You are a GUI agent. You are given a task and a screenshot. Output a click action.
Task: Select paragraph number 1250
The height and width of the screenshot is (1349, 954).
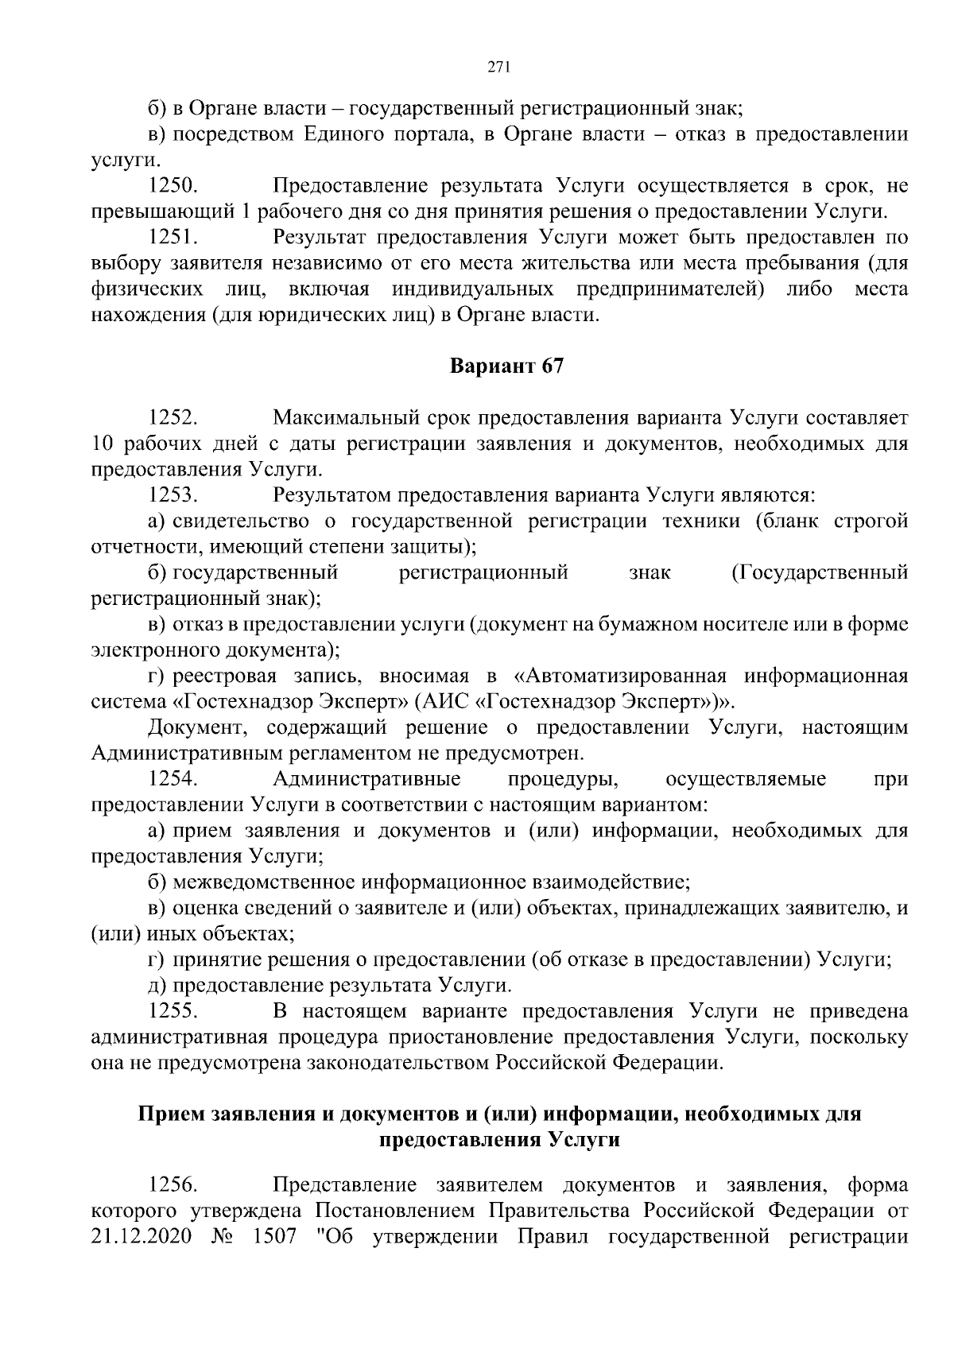pyautogui.click(x=173, y=187)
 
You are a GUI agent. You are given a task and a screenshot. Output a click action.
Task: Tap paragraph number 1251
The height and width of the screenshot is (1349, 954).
pyautogui.click(x=173, y=238)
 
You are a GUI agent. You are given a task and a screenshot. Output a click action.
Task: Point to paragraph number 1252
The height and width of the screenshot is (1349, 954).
pyautogui.click(x=173, y=417)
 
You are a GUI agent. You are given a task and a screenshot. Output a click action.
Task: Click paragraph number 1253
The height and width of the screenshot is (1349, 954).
pyautogui.click(x=173, y=495)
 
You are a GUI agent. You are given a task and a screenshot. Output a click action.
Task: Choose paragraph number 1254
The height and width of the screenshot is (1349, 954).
pyautogui.click(x=173, y=778)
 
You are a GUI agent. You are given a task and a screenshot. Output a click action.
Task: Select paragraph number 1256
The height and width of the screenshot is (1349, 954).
pyautogui.click(x=173, y=1185)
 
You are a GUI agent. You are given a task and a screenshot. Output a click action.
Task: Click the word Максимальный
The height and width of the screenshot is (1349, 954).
pyautogui.click(x=341, y=417)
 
